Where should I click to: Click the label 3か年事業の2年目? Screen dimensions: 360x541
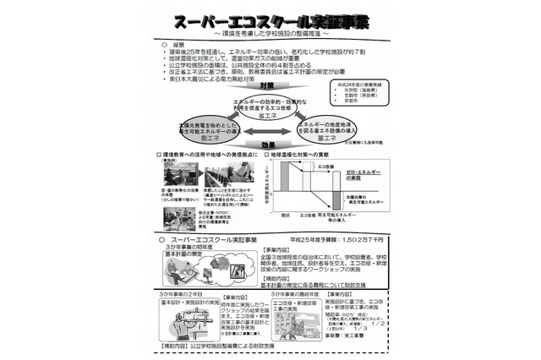[178, 292]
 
